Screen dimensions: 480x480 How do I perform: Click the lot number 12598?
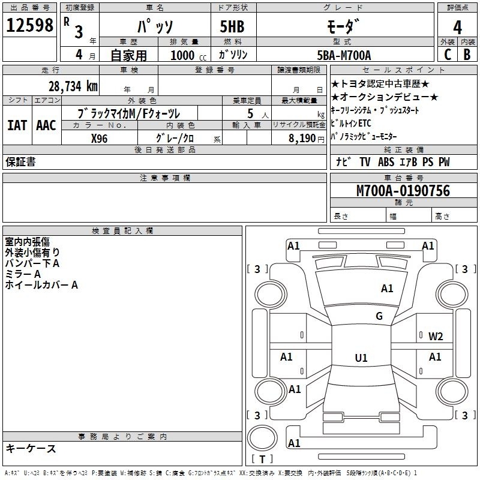point(29,25)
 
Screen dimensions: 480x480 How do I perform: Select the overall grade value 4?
point(457,27)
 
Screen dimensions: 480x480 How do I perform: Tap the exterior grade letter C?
point(448,55)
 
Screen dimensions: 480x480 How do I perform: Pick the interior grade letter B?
point(467,55)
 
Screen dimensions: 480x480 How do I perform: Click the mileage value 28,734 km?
point(73,86)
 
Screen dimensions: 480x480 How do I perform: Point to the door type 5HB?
point(232,26)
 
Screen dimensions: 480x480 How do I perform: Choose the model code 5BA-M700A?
point(344,55)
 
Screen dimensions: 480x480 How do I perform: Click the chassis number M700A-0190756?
point(403,191)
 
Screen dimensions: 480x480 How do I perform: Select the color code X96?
point(100,139)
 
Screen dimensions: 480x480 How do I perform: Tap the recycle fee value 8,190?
point(302,139)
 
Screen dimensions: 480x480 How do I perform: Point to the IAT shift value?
point(17,125)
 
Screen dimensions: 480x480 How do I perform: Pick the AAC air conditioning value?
point(46,125)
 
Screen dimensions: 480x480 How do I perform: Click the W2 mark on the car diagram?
point(436,337)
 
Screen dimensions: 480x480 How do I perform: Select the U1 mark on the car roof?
point(361,358)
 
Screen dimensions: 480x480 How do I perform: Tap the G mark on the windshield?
point(379,316)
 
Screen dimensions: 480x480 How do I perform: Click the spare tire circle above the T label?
point(262,438)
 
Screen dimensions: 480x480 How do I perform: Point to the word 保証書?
point(20,161)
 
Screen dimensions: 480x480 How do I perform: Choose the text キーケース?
point(31,448)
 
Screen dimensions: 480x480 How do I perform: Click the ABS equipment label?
point(386,162)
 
